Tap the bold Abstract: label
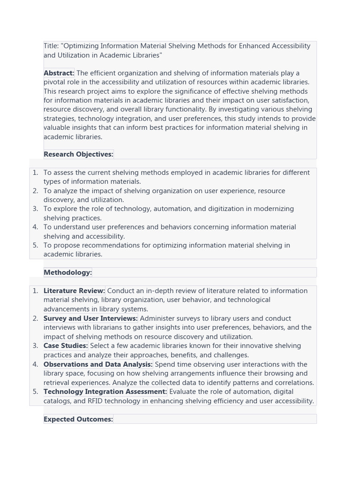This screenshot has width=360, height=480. pyautogui.click(x=59, y=73)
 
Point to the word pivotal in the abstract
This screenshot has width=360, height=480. pyautogui.click(x=55, y=82)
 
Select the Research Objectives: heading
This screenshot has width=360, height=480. pyautogui.click(x=78, y=154)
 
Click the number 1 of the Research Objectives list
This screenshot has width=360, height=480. pyautogui.click(x=35, y=172)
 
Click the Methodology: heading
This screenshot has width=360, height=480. pyautogui.click(x=67, y=272)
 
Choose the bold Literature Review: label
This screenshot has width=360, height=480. pyautogui.click(x=74, y=291)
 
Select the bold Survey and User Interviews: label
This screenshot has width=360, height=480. pyautogui.click(x=90, y=318)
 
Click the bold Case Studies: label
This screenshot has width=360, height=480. pyautogui.click(x=66, y=346)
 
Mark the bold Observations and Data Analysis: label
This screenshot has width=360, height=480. pyautogui.click(x=98, y=364)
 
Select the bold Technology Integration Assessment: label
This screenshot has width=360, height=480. pyautogui.click(x=105, y=392)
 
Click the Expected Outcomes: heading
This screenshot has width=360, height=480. pyautogui.click(x=78, y=419)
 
